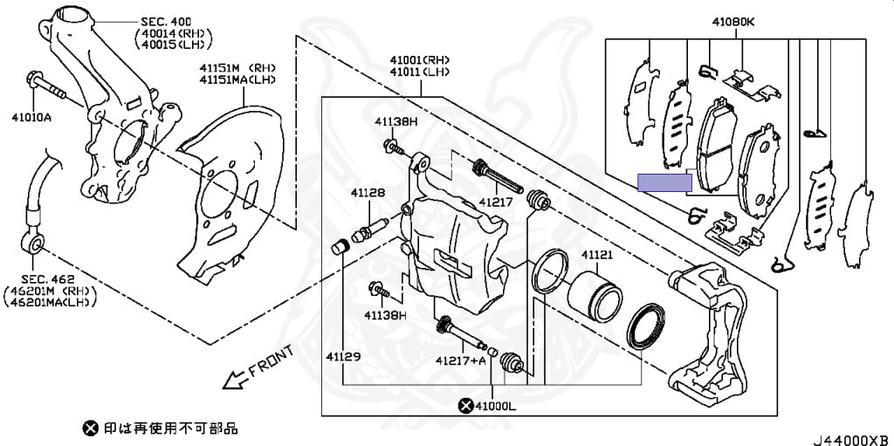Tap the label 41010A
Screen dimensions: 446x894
tap(31, 115)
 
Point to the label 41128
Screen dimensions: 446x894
tap(368, 192)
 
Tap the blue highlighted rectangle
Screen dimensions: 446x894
tap(664, 182)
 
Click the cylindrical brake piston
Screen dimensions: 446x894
tap(594, 294)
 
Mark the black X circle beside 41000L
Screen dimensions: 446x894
tap(466, 405)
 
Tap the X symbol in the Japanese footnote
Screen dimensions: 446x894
tap(91, 429)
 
